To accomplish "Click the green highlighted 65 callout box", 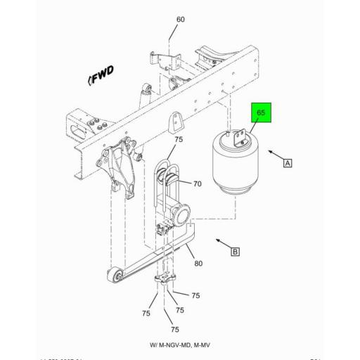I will (x=260, y=112).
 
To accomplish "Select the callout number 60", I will (x=180, y=20).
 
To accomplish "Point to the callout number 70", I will (x=198, y=184).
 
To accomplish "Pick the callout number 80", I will (x=199, y=264).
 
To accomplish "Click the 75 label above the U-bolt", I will (x=178, y=140).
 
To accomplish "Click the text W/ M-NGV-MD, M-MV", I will (x=179, y=346).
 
